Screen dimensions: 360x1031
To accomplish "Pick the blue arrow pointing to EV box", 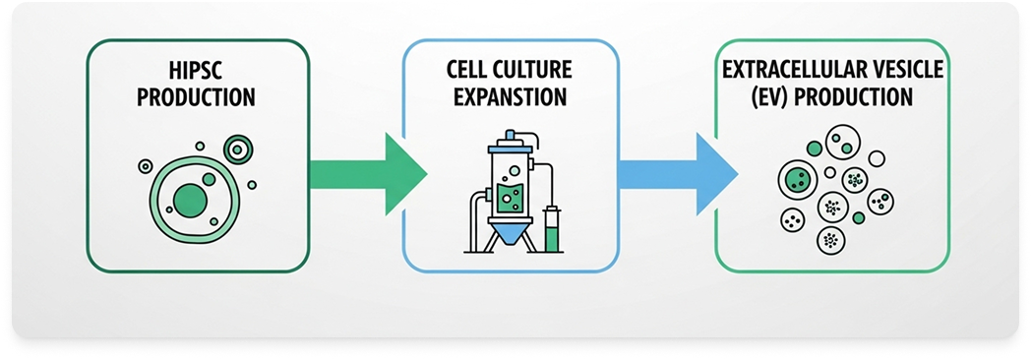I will pyautogui.click(x=677, y=174).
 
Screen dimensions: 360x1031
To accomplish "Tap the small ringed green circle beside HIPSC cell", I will pyautogui.click(x=238, y=150).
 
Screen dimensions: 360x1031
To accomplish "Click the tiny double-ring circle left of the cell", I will pyautogui.click(x=146, y=166).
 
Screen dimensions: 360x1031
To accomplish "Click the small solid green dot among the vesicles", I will pyautogui.click(x=859, y=217).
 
